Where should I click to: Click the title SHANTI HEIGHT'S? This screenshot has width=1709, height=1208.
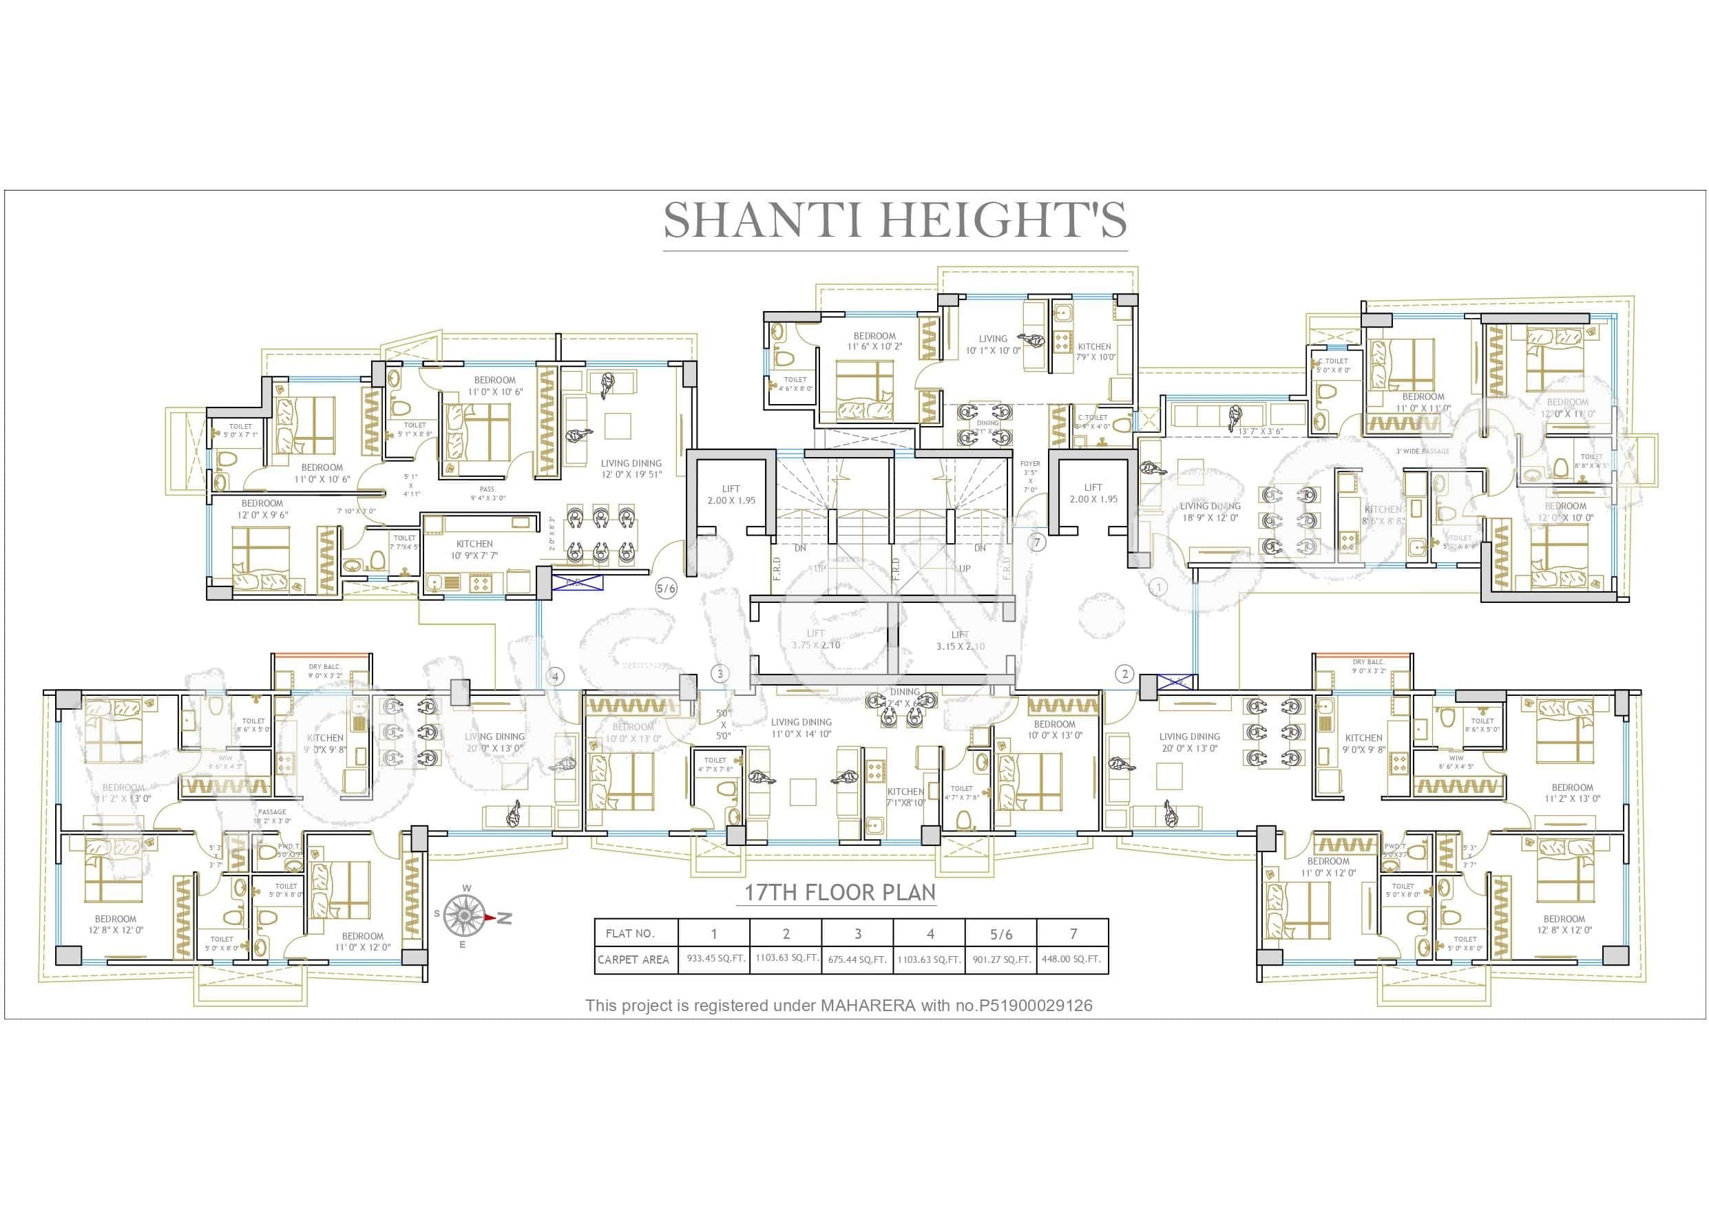(894, 220)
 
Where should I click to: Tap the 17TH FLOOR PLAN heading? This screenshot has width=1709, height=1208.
(839, 893)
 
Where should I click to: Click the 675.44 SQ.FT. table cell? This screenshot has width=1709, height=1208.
(857, 960)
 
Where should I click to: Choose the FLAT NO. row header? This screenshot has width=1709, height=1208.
(630, 933)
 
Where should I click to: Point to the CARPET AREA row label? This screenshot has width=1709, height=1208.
(633, 960)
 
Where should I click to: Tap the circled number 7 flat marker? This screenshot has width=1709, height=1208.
(1038, 542)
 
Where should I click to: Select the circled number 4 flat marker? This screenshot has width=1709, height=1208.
(554, 677)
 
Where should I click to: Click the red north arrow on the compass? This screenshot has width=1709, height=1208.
(488, 918)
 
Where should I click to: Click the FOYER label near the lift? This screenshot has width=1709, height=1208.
(1030, 464)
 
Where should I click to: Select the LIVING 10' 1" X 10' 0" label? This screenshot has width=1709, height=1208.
(993, 345)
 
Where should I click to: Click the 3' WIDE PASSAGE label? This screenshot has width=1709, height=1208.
(1423, 451)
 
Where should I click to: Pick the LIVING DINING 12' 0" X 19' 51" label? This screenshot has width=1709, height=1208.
(631, 469)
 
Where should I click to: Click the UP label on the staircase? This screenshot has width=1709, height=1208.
(965, 569)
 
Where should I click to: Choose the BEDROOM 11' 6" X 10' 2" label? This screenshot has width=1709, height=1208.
(874, 341)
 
